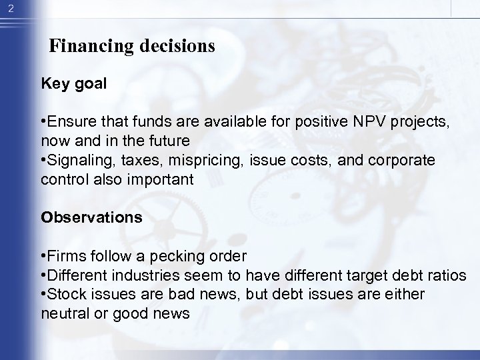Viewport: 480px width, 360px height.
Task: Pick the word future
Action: point(169,141)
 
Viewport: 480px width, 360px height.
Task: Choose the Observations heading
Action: point(91,218)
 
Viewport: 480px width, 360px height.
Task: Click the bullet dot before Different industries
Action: point(43,275)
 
